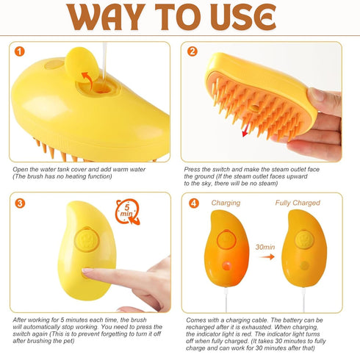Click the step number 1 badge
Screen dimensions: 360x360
click(18, 53)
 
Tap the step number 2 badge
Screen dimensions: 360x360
click(193, 53)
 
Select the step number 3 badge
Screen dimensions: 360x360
click(18, 204)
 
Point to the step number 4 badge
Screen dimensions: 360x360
click(193, 204)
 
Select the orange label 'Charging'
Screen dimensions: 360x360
click(226, 203)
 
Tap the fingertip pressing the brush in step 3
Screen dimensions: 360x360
click(87, 273)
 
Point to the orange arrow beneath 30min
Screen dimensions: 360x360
click(265, 258)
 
